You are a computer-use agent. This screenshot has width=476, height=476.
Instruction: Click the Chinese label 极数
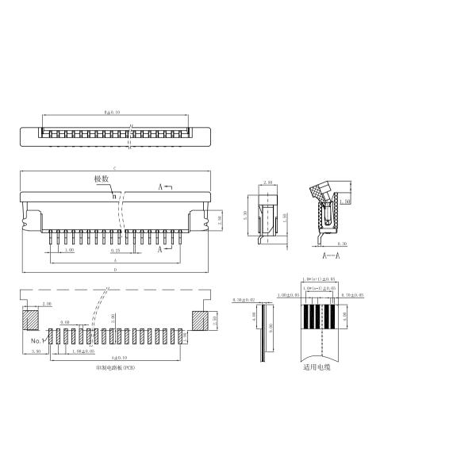pyautogui.click(x=102, y=180)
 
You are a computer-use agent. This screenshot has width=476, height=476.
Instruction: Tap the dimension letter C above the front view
pyautogui.click(x=116, y=168)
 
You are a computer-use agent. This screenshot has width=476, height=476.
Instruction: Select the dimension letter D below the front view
pyautogui.click(x=116, y=271)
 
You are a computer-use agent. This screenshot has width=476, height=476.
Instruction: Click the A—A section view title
pyautogui.click(x=331, y=256)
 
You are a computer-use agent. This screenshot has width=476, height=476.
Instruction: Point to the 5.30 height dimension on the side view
pyautogui.click(x=246, y=215)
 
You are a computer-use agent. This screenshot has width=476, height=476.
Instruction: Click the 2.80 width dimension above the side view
pyautogui.click(x=268, y=182)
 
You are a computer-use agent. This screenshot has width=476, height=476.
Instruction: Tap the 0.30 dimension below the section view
pyautogui.click(x=343, y=244)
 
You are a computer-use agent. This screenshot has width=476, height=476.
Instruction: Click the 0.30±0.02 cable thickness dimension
pyautogui.click(x=244, y=301)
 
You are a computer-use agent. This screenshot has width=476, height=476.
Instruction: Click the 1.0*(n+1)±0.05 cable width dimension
pyautogui.click(x=320, y=279)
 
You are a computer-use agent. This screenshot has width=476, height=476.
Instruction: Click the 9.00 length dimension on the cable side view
pyautogui.click(x=271, y=326)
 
